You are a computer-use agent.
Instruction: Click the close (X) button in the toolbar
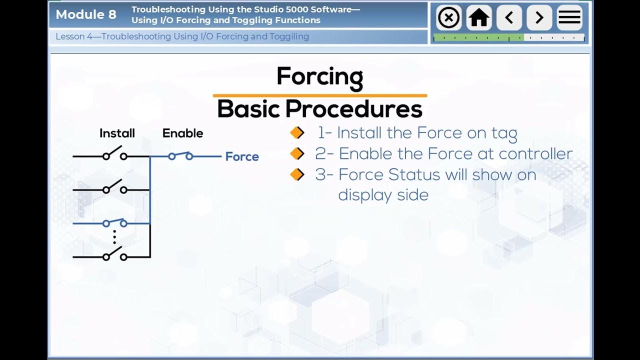click(x=448, y=18)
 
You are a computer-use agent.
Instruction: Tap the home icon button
click(x=478, y=18)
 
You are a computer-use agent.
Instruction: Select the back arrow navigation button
click(x=509, y=18)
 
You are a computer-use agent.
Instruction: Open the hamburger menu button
click(x=569, y=18)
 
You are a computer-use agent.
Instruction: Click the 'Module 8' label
click(x=86, y=14)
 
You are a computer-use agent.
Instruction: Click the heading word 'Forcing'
click(x=319, y=77)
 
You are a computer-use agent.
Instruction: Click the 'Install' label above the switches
click(x=117, y=133)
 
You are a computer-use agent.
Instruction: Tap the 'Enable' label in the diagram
click(x=182, y=133)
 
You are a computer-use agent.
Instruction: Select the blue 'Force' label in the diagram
click(x=242, y=156)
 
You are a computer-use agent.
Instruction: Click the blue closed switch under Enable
click(x=180, y=156)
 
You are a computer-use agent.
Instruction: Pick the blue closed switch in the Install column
click(x=114, y=222)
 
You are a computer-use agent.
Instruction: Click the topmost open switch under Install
click(x=114, y=153)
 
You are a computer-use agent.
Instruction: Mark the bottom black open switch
click(x=114, y=254)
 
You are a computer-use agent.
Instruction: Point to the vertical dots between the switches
click(x=114, y=236)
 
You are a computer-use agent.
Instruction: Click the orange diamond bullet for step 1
click(x=297, y=133)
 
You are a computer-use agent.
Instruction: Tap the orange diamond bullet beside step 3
click(x=297, y=174)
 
